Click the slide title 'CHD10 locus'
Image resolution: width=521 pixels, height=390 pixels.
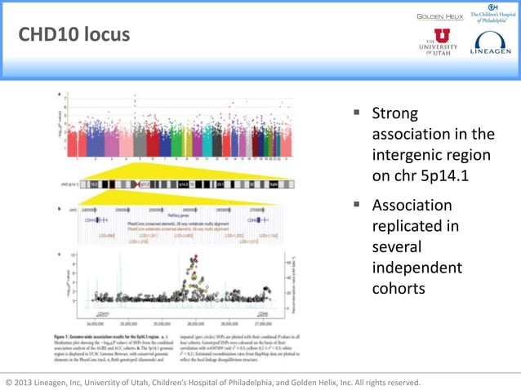click(x=73, y=35)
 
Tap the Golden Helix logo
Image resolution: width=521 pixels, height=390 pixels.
click(x=440, y=16)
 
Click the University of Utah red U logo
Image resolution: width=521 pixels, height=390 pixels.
click(x=442, y=36)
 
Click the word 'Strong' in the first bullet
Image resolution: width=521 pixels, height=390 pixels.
click(x=394, y=113)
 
